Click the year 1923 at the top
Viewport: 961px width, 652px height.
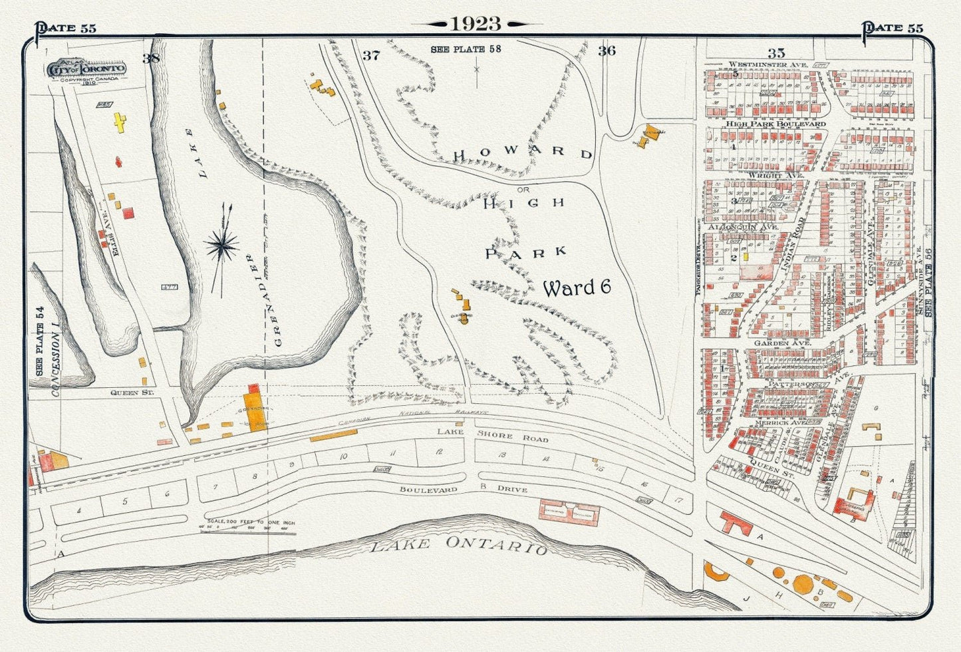coord(476,24)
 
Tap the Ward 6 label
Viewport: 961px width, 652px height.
coord(577,287)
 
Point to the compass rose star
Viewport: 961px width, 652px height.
coord(222,247)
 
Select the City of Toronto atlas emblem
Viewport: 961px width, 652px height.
coord(86,70)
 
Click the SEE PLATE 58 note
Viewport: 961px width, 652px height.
coord(466,49)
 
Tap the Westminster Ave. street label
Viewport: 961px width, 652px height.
coord(767,65)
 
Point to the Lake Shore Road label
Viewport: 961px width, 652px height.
coord(493,436)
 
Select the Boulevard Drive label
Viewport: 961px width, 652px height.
coord(464,490)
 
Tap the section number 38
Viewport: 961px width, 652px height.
coord(151,58)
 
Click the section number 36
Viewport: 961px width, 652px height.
coord(607,51)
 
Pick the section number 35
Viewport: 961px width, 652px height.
coord(775,53)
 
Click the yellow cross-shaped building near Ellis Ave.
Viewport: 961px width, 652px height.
coord(120,122)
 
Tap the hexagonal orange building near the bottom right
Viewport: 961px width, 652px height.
coord(803,583)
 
